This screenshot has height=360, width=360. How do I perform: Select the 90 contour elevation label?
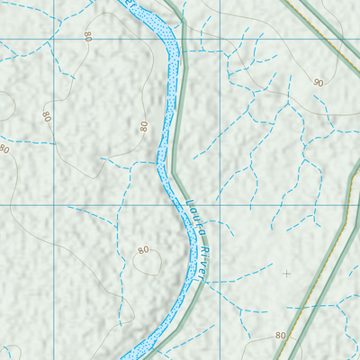(319, 83)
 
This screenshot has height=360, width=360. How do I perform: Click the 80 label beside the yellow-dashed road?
(280, 335)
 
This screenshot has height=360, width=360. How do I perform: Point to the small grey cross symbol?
(287, 273)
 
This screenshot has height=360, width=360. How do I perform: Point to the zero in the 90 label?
(321, 83)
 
